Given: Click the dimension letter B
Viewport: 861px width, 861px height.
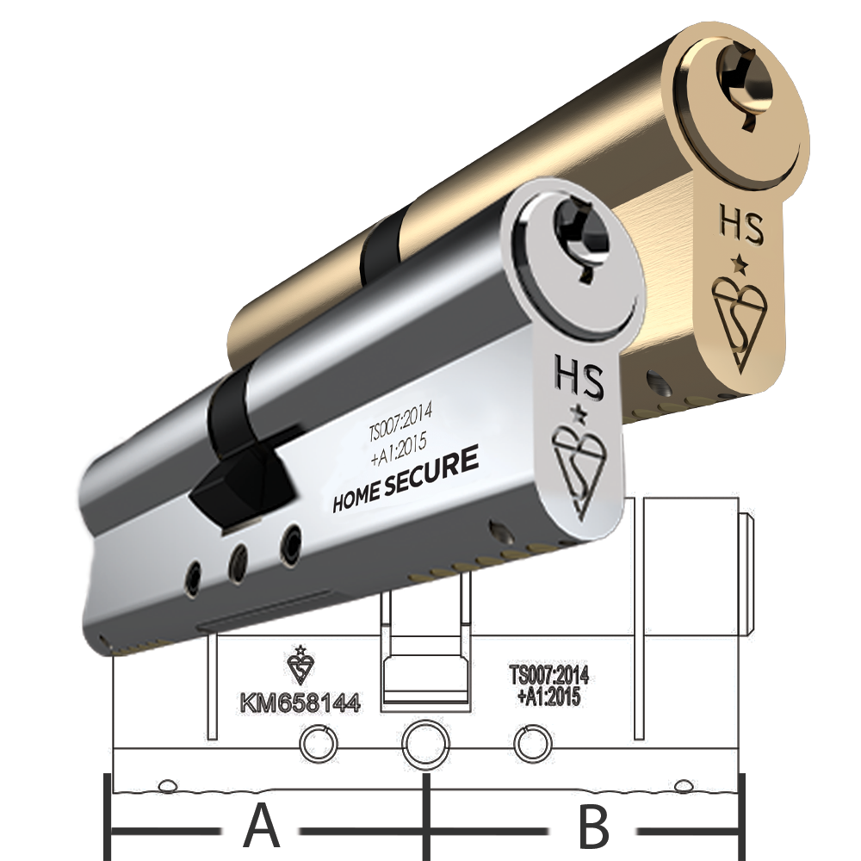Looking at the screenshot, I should click(592, 827).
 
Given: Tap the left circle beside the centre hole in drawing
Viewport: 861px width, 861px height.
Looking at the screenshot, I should click(319, 742).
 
